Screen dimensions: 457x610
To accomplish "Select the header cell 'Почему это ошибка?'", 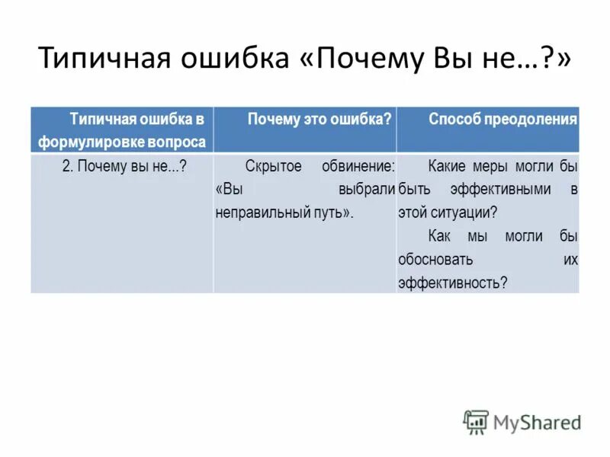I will pyautogui.click(x=319, y=119).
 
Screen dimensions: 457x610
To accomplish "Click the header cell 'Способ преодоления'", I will pyautogui.click(x=502, y=119).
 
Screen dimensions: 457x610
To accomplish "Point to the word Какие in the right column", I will pyautogui.click(x=445, y=166).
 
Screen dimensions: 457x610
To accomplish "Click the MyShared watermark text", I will pyautogui.click(x=537, y=421).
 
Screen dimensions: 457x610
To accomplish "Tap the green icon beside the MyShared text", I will pyautogui.click(x=476, y=422).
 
